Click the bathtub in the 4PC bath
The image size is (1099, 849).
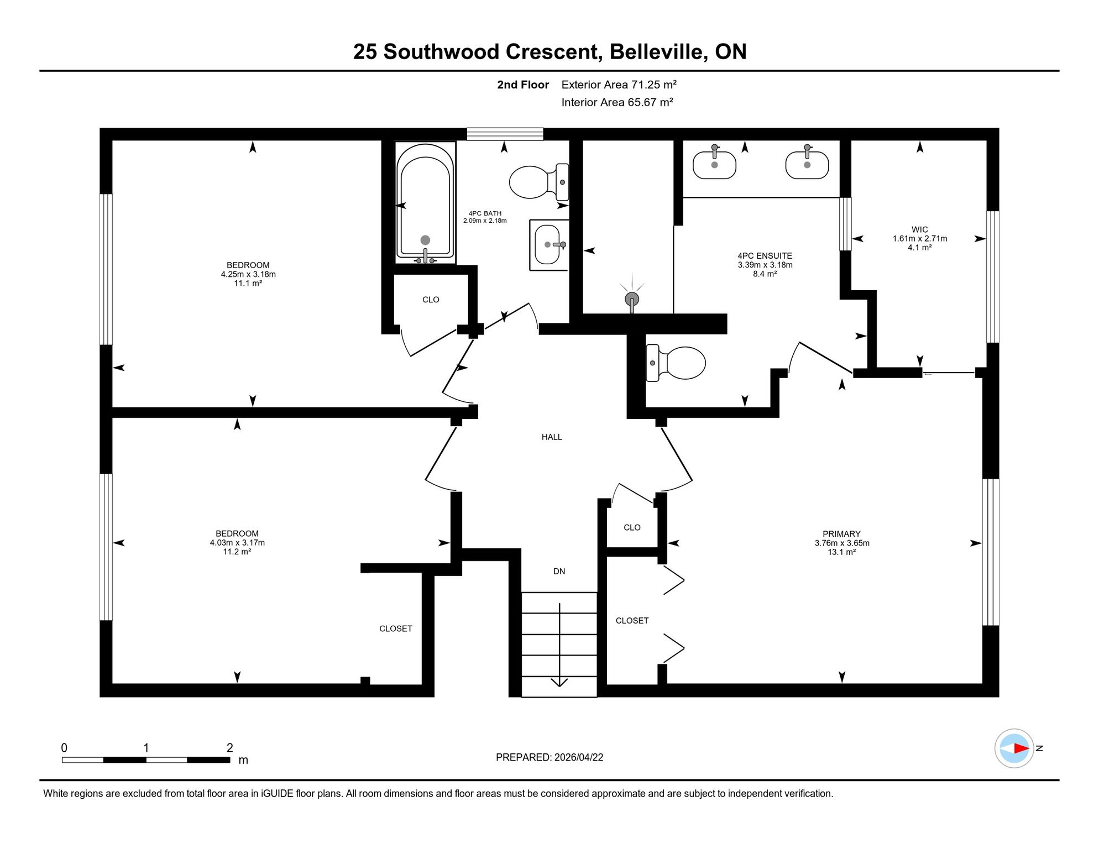[x=425, y=203]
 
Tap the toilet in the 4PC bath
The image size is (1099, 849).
[x=539, y=182]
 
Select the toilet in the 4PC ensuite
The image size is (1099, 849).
[x=676, y=363]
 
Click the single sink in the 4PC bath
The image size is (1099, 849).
[x=549, y=245]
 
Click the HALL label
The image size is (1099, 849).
[x=552, y=437]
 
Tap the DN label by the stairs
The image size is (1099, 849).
[x=559, y=572]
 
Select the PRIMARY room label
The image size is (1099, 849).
[x=841, y=534]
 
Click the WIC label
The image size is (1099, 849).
[x=920, y=229]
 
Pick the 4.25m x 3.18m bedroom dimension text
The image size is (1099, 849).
[x=248, y=274]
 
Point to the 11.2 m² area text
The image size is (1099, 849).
[x=237, y=552]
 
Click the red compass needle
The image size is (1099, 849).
[x=1021, y=748]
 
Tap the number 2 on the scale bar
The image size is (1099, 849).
[x=230, y=748]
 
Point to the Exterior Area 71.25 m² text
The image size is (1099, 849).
[x=619, y=85]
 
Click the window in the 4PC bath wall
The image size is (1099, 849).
[x=505, y=134]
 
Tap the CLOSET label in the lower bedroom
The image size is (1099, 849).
[x=396, y=628]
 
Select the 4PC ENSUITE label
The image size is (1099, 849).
[x=765, y=256]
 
